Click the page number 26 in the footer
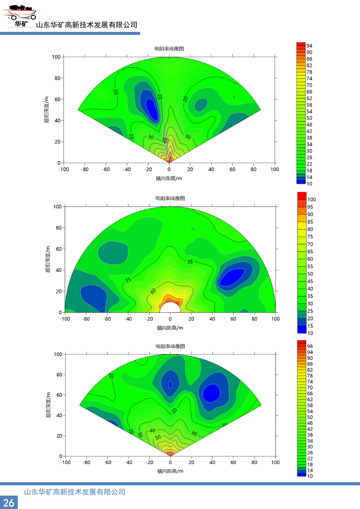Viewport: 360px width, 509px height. click(x=9, y=502)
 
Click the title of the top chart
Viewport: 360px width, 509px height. click(x=169, y=49)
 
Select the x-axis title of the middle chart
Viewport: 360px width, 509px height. click(x=169, y=328)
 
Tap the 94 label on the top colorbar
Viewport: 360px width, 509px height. click(x=310, y=46)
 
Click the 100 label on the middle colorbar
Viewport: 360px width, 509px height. click(x=312, y=199)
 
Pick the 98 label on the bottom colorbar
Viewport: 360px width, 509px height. click(x=310, y=346)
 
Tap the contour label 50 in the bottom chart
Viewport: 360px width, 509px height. click(x=158, y=438)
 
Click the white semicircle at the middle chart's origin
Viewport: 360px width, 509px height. click(x=170, y=308)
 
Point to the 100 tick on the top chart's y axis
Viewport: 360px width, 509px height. click(x=56, y=57)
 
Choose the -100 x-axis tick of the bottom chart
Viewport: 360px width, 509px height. click(x=62, y=462)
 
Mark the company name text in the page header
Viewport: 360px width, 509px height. click(x=87, y=25)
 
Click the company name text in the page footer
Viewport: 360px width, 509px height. click(x=74, y=492)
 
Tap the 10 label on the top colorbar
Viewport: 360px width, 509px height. click(x=310, y=184)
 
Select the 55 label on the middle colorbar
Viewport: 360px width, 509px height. click(x=311, y=266)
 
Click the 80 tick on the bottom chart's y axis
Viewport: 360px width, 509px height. click(x=58, y=375)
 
